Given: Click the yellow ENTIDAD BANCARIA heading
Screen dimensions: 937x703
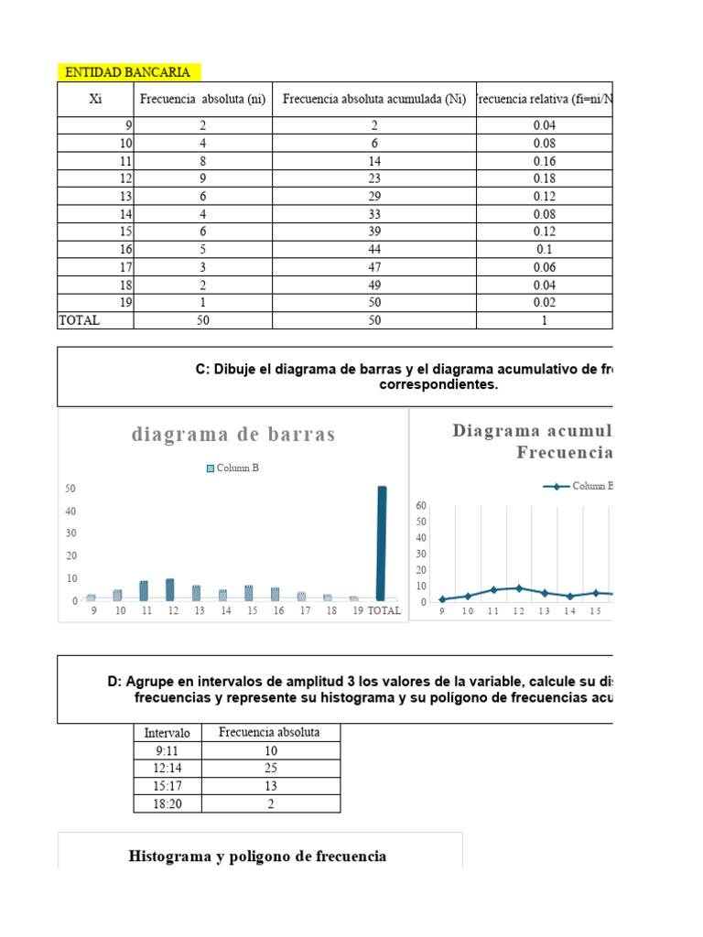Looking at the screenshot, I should (128, 72).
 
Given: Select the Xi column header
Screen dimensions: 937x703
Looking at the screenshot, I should (95, 100).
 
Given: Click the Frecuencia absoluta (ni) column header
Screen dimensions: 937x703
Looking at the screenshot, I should (202, 100).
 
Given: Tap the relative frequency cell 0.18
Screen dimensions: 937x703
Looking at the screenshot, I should (544, 178).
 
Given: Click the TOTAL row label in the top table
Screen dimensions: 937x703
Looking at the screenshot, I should (79, 320).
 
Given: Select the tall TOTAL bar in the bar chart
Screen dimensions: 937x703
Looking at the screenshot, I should (382, 543).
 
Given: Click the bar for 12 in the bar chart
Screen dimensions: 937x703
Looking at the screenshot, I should (170, 589).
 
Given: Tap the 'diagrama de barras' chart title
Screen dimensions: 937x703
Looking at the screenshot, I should (233, 435).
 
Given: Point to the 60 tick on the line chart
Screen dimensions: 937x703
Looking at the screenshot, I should (421, 505).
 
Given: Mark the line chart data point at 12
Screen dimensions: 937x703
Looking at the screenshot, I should (520, 588).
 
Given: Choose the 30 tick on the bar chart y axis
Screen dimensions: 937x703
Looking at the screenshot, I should (70, 533).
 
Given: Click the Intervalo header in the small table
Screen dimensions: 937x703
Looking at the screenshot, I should (168, 733).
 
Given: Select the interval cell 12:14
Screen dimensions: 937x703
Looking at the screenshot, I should (168, 769).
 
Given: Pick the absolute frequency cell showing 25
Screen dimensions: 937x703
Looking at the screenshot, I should (270, 769).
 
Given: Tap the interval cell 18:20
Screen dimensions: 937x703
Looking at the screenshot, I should (168, 804).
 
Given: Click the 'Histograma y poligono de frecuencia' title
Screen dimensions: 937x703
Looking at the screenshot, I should (257, 856).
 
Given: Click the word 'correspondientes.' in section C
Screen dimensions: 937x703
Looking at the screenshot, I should (439, 385).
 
